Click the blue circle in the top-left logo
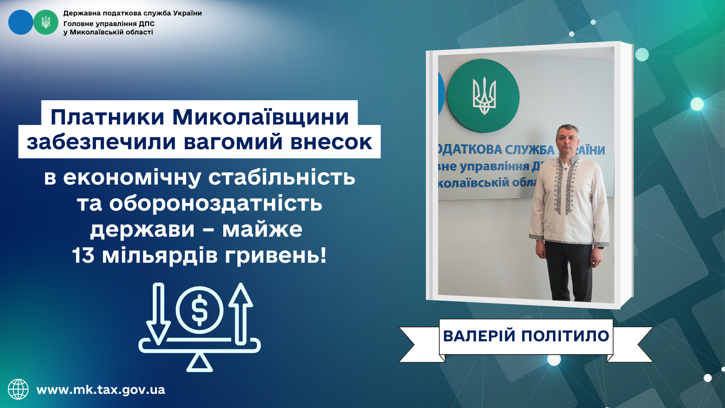20,23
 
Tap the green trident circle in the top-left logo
46,23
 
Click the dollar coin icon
200,310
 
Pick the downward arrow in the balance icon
158,314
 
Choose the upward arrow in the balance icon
240,314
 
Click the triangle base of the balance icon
199,363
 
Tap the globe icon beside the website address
18,389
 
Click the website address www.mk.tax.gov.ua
101,390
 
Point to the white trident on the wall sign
484,96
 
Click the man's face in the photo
567,141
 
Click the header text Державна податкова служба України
132,13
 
